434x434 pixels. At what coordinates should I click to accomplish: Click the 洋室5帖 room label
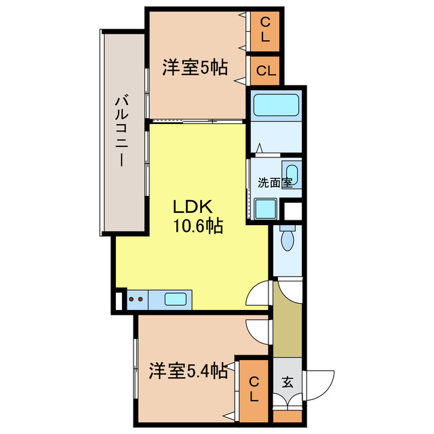click(194, 68)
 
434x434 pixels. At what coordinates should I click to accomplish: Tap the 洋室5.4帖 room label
click(188, 372)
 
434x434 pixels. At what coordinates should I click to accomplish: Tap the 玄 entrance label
click(288, 382)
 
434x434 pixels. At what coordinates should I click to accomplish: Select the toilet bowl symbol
click(288, 237)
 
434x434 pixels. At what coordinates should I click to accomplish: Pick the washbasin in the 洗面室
click(292, 172)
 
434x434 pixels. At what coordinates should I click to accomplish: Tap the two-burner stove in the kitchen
click(136, 298)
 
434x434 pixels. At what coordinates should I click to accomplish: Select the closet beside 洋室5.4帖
click(252, 390)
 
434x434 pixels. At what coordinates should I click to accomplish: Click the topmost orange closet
click(265, 31)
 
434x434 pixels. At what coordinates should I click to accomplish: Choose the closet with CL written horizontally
click(265, 71)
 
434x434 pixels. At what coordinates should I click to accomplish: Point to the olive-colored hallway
click(288, 319)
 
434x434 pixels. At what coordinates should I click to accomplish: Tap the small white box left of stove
click(119, 300)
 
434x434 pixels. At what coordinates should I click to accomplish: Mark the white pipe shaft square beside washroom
click(293, 210)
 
